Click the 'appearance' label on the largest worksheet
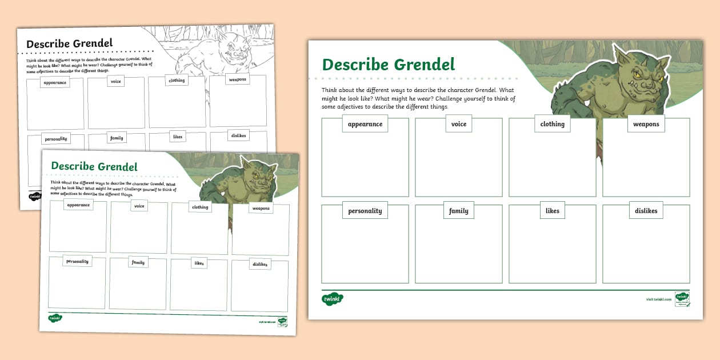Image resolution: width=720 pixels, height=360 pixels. [365, 124]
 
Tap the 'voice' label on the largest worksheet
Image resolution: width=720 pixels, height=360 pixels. [458, 124]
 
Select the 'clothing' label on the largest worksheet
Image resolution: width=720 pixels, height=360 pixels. [552, 124]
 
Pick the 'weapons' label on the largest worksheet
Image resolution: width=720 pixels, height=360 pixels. [646, 124]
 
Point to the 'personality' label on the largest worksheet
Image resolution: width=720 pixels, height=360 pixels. [365, 211]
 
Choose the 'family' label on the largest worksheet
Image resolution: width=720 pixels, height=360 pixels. [458, 211]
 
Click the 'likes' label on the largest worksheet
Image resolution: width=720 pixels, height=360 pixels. [552, 211]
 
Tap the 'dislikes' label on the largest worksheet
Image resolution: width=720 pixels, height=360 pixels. [646, 211]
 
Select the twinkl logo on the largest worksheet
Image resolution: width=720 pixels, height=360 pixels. [331, 299]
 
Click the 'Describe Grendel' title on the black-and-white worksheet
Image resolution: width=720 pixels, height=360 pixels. [69, 44]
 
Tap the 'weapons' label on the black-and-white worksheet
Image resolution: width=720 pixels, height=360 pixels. [237, 79]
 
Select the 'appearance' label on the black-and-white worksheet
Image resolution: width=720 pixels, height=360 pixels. [55, 83]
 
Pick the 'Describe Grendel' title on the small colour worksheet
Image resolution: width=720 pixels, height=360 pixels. [94, 166]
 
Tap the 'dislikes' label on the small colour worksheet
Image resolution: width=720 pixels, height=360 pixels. [259, 265]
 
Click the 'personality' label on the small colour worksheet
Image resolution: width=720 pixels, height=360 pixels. [77, 261]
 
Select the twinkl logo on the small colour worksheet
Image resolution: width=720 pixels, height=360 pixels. [55, 318]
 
